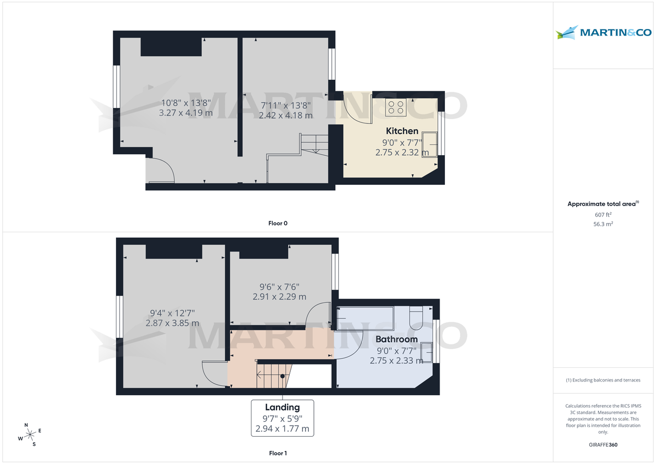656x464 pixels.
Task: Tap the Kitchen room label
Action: [x=402, y=131]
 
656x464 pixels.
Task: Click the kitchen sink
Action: [x=429, y=144]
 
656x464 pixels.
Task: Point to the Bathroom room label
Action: [x=396, y=339]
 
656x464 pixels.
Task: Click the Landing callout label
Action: [x=282, y=407]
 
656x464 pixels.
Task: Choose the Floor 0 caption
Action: [x=278, y=223]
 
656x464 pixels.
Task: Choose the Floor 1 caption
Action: [x=278, y=453]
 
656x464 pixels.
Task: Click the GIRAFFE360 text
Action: [x=603, y=445]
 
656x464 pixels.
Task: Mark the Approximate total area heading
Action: [x=602, y=204]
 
